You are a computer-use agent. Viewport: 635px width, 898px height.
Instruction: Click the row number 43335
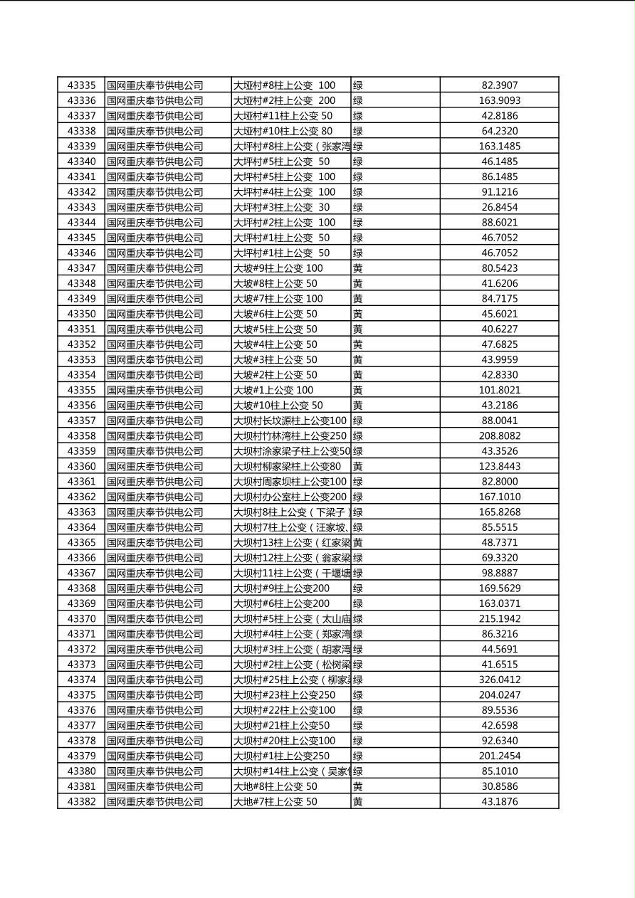pos(81,85)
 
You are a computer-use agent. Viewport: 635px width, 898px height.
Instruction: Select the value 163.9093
pos(499,100)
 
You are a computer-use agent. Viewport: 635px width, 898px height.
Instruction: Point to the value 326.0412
pos(499,680)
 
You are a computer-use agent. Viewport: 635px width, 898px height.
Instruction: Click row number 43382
pos(81,802)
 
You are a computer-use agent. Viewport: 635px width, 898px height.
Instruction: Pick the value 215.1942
pos(499,619)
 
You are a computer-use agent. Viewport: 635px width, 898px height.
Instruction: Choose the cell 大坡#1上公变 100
pos(273,390)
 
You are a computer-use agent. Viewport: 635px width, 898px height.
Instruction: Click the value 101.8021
pos(499,390)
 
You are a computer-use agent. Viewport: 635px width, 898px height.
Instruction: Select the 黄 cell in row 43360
pos(358,467)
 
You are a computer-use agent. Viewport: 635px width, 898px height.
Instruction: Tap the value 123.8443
pos(499,467)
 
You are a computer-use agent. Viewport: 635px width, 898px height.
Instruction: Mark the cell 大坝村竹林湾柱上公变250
pos(290,436)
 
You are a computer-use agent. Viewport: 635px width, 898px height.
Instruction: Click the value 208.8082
pos(499,436)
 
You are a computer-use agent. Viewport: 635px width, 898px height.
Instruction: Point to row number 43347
pos(81,268)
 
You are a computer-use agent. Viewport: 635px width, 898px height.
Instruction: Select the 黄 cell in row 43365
pos(358,543)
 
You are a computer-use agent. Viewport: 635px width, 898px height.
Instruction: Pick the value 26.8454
pos(499,207)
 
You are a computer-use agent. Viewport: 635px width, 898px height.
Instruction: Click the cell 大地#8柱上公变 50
pos(275,786)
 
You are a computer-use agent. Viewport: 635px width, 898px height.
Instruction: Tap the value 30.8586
pos(499,786)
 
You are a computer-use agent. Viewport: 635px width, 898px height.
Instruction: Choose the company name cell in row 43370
pos(155,619)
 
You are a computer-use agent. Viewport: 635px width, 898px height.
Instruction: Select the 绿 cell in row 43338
pos(358,131)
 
